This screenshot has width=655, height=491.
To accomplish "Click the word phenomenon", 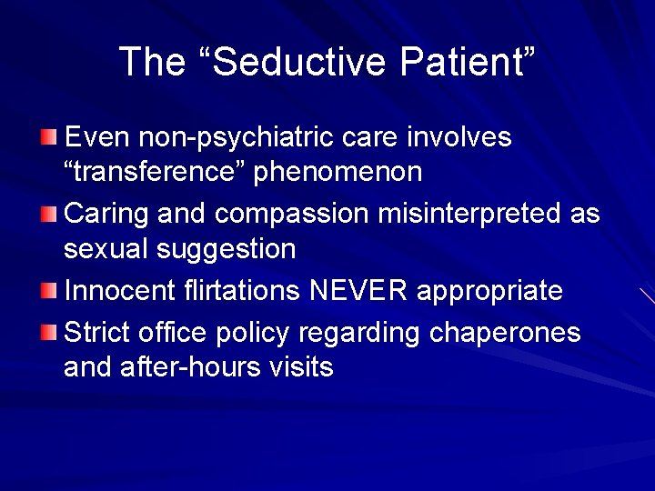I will click(x=338, y=172).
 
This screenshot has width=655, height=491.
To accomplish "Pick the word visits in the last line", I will click(x=301, y=367).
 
